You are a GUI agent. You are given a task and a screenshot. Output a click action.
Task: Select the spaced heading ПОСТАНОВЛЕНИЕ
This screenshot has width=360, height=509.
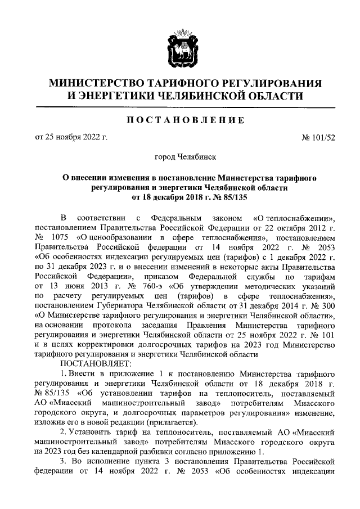pyautogui.click(x=180, y=120)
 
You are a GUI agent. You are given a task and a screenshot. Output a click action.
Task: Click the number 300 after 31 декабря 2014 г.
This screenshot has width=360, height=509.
pyautogui.click(x=327, y=305)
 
